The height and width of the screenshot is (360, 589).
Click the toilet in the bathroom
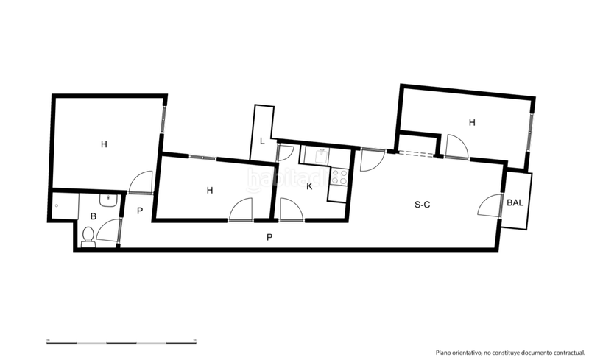coord(88,236)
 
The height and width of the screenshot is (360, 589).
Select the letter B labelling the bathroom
coord(94,216)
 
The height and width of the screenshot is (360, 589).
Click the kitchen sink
coord(322,155)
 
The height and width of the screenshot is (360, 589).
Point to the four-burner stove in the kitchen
coord(339,177)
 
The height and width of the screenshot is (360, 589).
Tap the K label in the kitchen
coord(309,186)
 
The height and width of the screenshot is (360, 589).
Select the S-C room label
coord(422,205)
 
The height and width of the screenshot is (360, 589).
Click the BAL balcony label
coord(515,202)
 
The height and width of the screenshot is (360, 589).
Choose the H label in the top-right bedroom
coord(472,123)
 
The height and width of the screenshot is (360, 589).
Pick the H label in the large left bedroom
coord(105,144)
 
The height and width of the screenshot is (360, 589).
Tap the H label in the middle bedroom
coord(210,190)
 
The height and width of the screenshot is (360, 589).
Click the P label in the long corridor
coord(269,237)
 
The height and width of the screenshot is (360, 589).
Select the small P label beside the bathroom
coord(139,211)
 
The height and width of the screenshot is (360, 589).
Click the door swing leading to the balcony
coord(490,206)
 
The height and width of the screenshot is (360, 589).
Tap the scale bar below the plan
coord(121,341)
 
